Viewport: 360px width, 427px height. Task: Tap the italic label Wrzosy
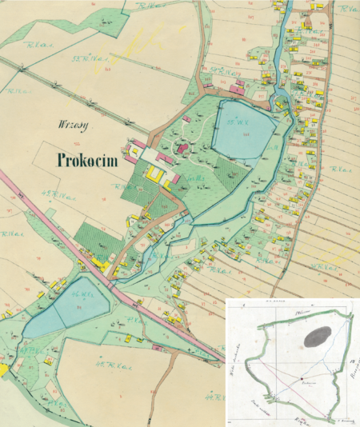(x=71, y=125)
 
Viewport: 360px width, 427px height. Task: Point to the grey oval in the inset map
(x=316, y=337)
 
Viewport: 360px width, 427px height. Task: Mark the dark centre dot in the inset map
(x=302, y=377)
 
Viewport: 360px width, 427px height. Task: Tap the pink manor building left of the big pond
(x=183, y=148)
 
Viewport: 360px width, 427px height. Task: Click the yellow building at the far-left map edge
(x=3, y=369)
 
